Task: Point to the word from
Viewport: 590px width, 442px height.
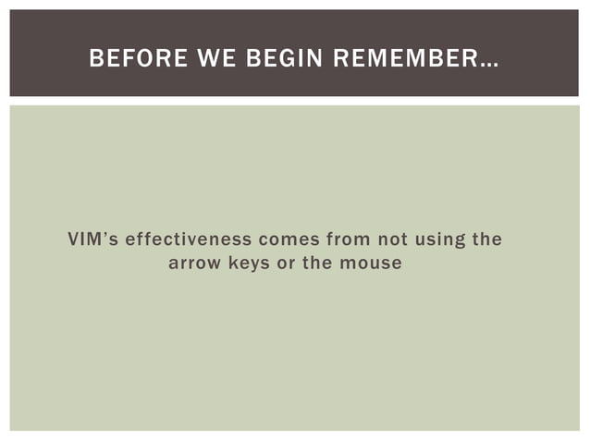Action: (346, 240)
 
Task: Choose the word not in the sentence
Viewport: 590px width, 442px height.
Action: (392, 240)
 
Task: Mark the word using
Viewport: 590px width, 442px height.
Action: (440, 240)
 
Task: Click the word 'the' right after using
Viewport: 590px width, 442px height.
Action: (487, 240)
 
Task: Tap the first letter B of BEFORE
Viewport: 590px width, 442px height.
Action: (94, 60)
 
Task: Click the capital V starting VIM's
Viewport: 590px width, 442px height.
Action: (73, 240)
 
